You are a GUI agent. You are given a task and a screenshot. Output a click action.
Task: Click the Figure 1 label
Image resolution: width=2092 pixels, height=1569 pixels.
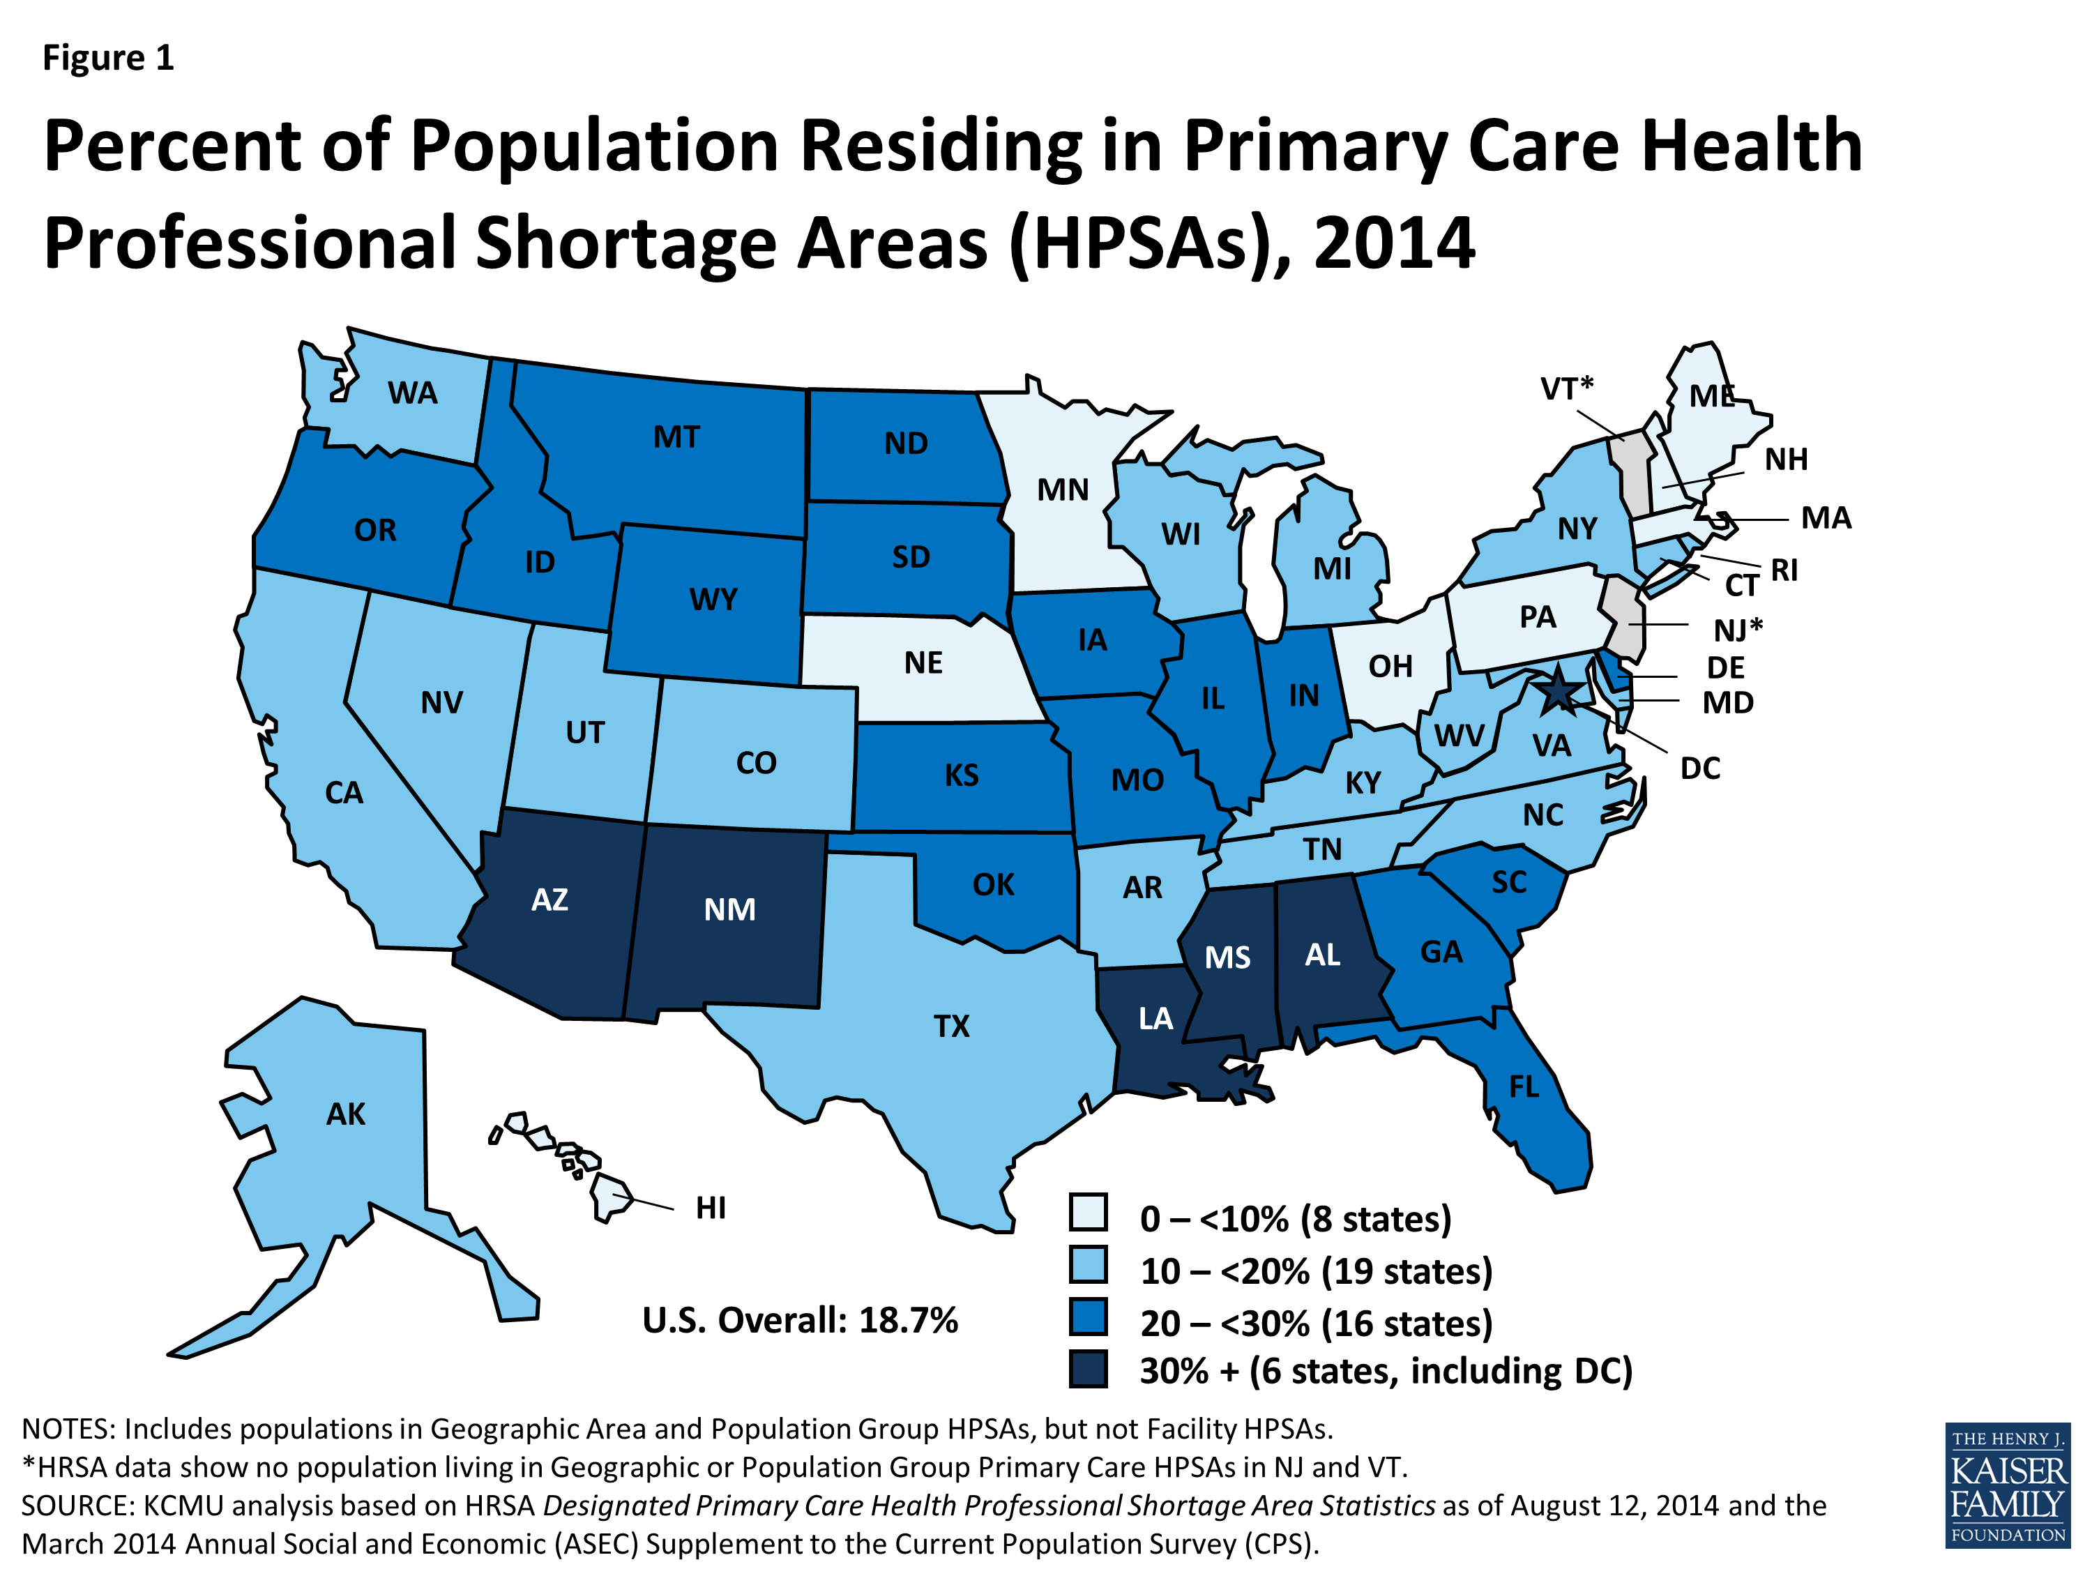point(108,58)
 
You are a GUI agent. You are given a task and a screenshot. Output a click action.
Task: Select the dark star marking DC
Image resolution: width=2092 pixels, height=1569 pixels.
point(1556,693)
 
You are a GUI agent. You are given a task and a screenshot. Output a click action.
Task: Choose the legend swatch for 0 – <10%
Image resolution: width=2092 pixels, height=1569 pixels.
point(1088,1211)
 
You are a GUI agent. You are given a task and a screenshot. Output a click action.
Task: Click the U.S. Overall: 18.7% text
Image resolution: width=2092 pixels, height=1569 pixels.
point(799,1320)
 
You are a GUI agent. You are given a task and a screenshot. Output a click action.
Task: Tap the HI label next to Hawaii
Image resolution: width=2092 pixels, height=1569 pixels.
point(711,1208)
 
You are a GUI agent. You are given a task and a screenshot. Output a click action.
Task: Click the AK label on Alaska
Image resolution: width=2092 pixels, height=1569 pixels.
point(345,1114)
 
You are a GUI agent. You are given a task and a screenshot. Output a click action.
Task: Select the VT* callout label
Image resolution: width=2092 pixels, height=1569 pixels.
point(1566,388)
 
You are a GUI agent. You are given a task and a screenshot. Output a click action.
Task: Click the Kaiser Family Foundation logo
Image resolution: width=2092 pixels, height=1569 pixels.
point(2007,1485)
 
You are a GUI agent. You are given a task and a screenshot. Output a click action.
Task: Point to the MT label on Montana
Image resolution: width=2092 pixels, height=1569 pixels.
point(676,437)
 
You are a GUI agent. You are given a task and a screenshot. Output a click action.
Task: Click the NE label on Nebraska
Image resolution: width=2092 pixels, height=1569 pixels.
point(923,663)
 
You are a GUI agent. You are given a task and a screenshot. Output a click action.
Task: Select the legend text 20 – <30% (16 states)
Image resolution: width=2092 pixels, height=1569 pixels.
point(1316,1322)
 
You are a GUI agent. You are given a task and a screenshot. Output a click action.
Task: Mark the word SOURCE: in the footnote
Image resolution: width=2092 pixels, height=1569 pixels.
point(77,1506)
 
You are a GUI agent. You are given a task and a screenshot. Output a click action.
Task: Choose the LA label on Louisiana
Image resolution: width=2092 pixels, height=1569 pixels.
point(1155,1019)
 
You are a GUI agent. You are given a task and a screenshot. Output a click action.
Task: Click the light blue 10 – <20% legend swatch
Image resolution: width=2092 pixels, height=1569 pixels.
point(1088,1264)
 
